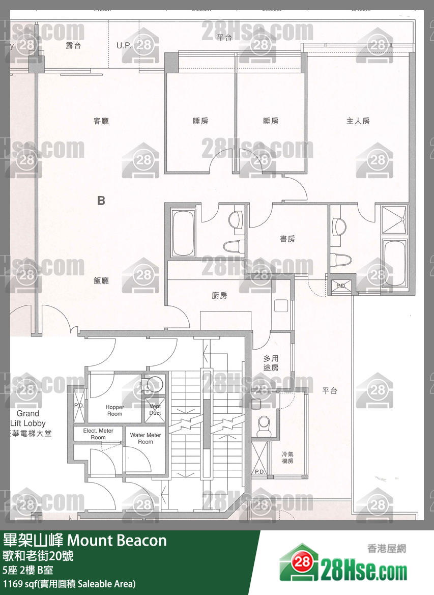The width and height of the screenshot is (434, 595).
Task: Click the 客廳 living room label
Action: click(101, 121)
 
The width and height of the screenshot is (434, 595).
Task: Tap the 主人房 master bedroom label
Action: click(358, 121)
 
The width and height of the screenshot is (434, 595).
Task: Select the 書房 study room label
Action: click(287, 239)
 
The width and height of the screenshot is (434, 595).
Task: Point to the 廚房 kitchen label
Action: click(219, 296)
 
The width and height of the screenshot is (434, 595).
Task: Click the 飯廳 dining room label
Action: click(101, 280)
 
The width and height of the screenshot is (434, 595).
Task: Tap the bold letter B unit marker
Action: click(101, 201)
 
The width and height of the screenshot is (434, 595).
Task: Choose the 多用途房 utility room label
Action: click(271, 363)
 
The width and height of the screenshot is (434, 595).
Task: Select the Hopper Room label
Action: click(114, 410)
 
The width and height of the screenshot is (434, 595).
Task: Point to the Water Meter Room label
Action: click(146, 438)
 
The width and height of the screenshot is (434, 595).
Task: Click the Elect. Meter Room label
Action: click(98, 434)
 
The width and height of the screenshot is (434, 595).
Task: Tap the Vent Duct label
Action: click(155, 410)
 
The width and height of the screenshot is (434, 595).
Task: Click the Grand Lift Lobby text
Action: click(28, 418)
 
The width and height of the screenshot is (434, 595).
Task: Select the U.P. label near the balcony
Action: click(124, 45)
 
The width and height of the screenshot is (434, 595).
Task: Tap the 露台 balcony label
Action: click(73, 45)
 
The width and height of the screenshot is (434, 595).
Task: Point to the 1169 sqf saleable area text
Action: click(69, 584)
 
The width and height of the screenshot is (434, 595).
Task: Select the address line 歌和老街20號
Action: click(38, 556)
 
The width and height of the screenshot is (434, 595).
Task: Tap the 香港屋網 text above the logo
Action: click(387, 549)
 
